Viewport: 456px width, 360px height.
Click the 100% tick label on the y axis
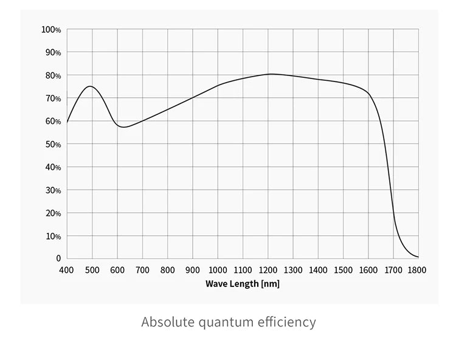(51, 30)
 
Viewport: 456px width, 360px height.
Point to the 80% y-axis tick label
(52, 75)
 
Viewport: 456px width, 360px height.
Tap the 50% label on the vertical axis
(52, 145)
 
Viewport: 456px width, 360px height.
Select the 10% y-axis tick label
(52, 236)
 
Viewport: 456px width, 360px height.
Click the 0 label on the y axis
(58, 259)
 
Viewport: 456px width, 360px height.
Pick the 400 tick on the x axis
(66, 269)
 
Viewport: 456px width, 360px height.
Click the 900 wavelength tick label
(192, 269)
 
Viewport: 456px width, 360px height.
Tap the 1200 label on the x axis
(268, 269)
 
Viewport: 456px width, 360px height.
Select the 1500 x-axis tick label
(343, 269)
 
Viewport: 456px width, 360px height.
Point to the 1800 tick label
(418, 269)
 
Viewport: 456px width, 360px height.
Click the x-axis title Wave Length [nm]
(242, 284)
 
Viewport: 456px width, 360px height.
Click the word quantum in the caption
(224, 322)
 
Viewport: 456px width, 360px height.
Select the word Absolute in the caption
(168, 322)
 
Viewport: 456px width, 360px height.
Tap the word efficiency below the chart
(285, 322)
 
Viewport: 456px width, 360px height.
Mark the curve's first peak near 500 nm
(91, 86)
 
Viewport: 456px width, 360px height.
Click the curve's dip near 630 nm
(124, 127)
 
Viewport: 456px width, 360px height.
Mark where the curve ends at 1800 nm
(418, 257)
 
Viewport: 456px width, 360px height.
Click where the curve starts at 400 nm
(67, 122)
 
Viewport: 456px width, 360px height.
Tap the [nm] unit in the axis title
(270, 284)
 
